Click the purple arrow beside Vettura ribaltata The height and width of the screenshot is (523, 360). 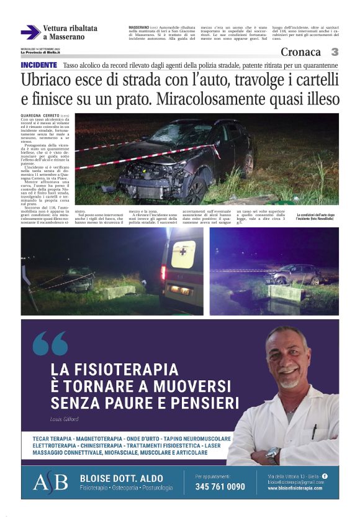click(30, 32)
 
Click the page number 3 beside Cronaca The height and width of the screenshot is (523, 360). click(335, 52)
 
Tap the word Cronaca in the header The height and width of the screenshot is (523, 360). click(301, 52)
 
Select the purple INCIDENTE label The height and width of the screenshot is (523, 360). click(39, 65)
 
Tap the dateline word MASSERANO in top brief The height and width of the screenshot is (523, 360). click(139, 28)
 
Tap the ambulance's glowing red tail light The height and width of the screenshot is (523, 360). click(164, 271)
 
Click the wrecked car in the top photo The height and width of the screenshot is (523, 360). click(180, 155)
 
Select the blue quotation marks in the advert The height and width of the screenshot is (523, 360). click(50, 343)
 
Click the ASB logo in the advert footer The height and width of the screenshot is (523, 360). click(50, 483)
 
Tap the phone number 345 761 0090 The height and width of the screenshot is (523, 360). click(220, 487)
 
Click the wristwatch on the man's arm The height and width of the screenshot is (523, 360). click(272, 455)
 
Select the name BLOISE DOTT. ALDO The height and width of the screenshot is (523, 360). click(122, 478)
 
